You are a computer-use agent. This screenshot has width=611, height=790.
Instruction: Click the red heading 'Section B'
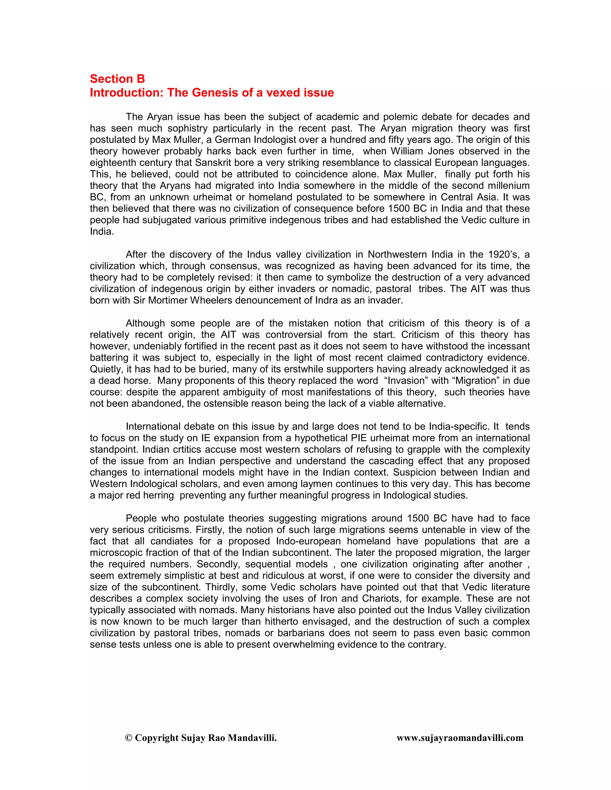[x=117, y=79]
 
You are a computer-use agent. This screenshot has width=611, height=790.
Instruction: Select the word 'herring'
[x=158, y=495]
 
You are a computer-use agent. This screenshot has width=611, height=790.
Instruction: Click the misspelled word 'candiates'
[x=172, y=541]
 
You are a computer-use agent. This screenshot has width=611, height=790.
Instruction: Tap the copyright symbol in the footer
[x=128, y=738]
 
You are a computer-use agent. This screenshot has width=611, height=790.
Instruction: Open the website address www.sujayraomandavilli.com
[x=460, y=738]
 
